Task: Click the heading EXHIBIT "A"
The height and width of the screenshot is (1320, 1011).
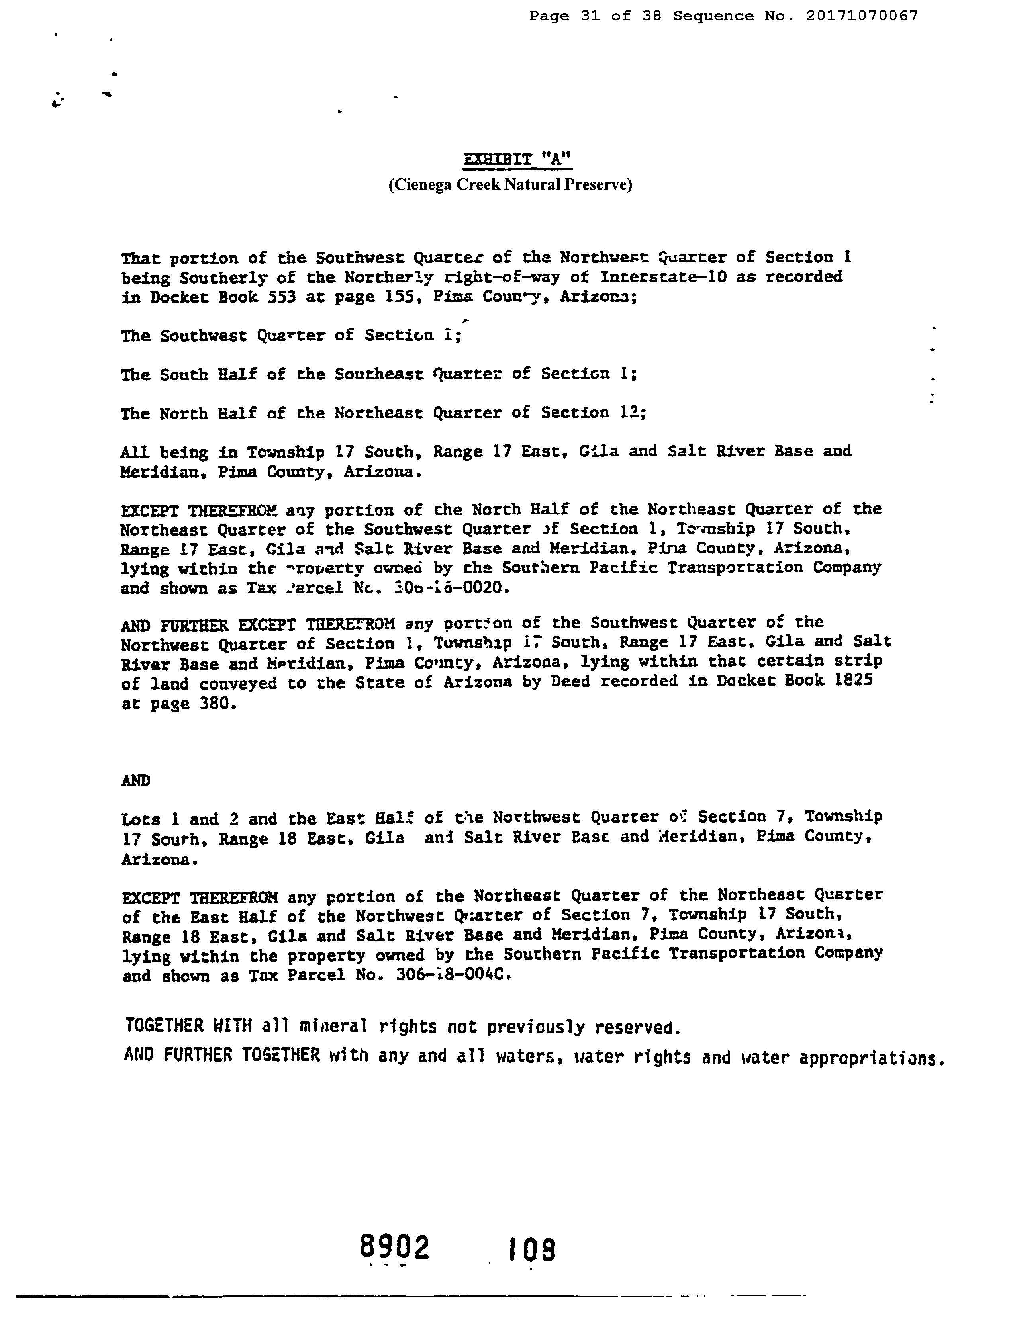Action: tap(517, 160)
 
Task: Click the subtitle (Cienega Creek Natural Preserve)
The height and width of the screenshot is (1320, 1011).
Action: tap(510, 184)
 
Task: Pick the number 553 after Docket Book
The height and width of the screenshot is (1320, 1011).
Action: tap(281, 297)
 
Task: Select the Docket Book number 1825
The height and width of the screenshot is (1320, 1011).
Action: tap(854, 681)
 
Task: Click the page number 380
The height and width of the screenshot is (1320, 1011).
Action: tap(215, 703)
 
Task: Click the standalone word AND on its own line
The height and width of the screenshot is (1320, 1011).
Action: tap(136, 780)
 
